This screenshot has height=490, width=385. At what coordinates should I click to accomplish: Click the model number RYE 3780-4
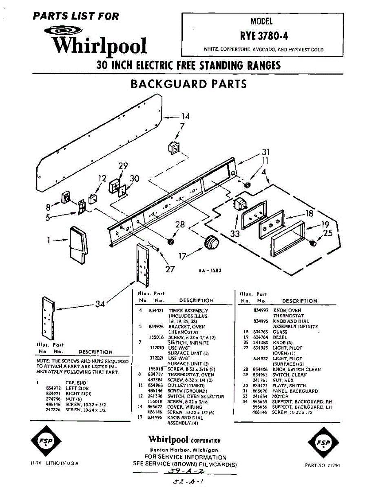(264, 36)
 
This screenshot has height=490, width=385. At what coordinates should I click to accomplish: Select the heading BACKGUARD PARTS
(188, 84)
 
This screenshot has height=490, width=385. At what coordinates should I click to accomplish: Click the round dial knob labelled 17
(211, 243)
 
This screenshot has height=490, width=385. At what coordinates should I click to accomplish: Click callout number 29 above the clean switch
(123, 166)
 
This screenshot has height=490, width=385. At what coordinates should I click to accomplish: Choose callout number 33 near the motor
(235, 234)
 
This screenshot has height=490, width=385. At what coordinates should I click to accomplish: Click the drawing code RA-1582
(210, 271)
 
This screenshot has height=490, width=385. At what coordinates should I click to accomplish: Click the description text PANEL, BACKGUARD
(295, 391)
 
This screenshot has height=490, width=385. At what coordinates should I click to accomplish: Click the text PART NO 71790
(322, 465)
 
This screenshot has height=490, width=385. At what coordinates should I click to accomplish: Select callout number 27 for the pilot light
(170, 269)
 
